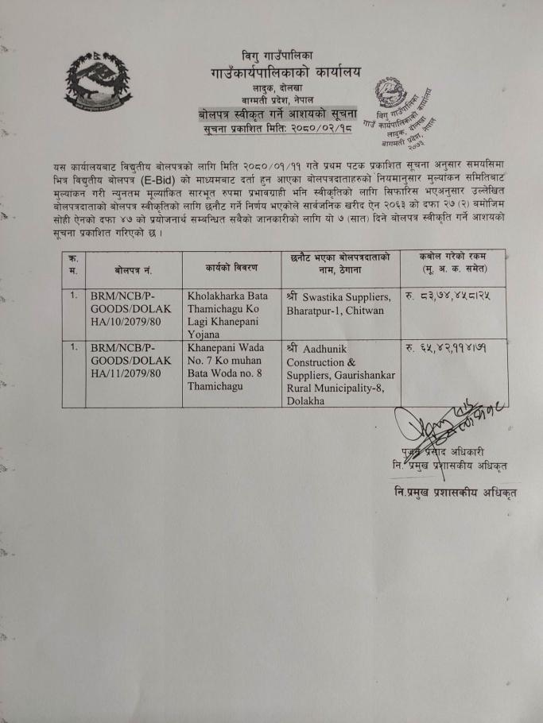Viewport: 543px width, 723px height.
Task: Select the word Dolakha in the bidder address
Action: [306, 400]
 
